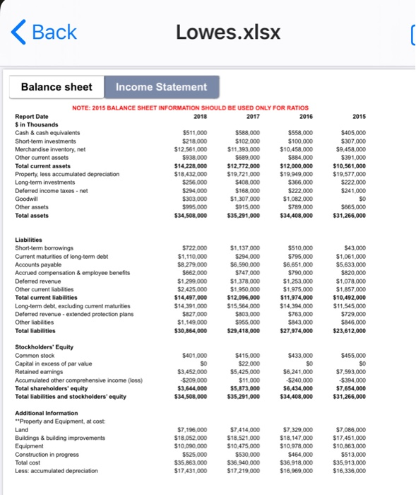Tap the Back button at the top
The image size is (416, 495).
(x=45, y=33)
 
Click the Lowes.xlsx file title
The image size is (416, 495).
(x=227, y=33)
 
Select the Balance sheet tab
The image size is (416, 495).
(x=57, y=87)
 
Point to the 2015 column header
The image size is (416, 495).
(x=358, y=117)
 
